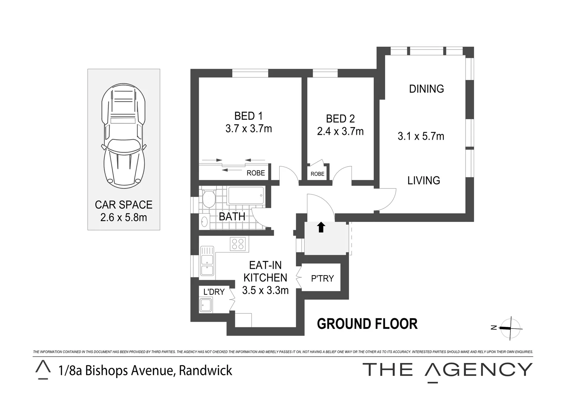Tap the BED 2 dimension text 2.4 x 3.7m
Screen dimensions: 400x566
[340, 131]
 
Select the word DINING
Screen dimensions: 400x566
[426, 89]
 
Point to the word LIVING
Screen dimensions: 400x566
[424, 181]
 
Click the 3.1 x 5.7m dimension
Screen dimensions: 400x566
[421, 136]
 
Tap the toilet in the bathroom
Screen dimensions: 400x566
[209, 199]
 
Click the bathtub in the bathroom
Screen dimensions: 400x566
[246, 195]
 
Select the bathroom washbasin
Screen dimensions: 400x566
[204, 221]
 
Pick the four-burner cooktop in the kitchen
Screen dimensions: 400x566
[237, 244]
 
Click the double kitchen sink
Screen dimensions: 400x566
[207, 261]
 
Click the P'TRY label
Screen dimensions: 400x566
[322, 279]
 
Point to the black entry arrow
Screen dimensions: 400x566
[321, 227]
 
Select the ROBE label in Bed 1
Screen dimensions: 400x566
[256, 173]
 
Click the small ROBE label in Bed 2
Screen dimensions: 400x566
[317, 174]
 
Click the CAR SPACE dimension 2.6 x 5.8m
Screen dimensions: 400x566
[123, 217]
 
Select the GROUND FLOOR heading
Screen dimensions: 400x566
[367, 324]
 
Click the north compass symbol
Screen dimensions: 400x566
[510, 328]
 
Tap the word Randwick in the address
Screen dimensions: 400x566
[206, 370]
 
